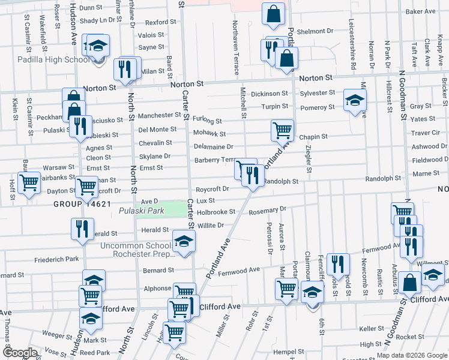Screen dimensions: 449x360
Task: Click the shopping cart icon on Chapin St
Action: click(x=282, y=129)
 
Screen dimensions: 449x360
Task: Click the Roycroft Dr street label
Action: click(x=212, y=188)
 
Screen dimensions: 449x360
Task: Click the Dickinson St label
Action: click(x=270, y=94)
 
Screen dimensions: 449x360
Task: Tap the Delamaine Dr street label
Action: click(x=213, y=146)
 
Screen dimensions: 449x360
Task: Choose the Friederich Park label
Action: click(x=56, y=259)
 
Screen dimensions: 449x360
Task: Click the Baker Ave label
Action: click(x=420, y=11)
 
